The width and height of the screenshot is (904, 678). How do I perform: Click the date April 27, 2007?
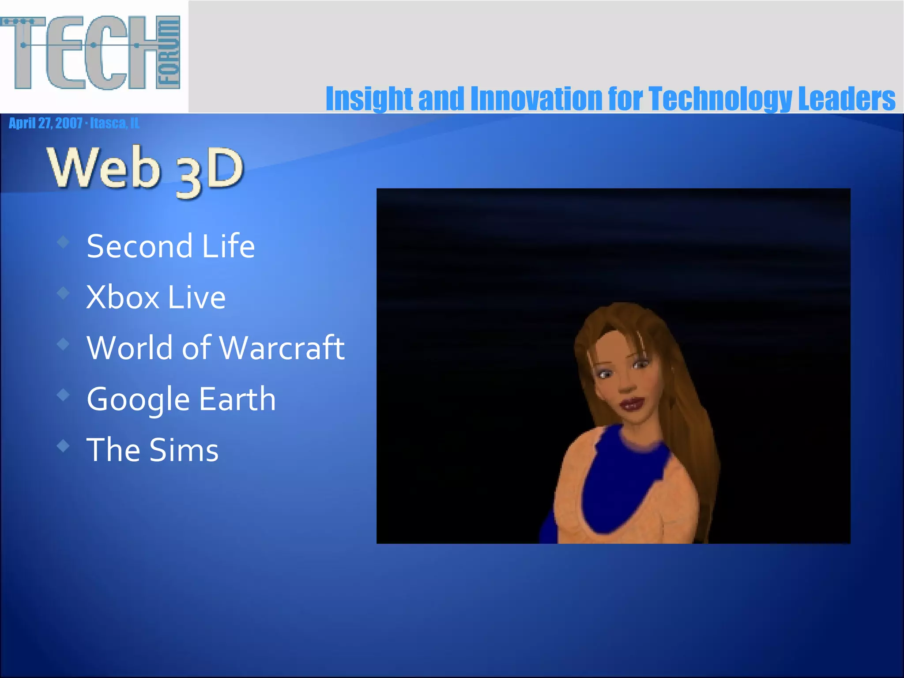click(45, 123)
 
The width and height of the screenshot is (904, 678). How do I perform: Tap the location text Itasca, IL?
click(115, 123)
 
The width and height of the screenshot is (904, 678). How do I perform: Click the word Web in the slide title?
click(104, 168)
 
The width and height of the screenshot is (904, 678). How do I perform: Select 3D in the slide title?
click(210, 172)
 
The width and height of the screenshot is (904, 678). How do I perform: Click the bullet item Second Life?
click(170, 246)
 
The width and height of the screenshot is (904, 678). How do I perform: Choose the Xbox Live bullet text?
click(156, 297)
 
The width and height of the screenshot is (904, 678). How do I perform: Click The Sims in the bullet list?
click(152, 450)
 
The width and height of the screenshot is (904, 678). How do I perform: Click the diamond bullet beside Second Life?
click(64, 241)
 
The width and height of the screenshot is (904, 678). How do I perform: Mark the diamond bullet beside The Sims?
click(64, 446)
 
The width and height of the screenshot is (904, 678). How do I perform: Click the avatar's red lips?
click(632, 403)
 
